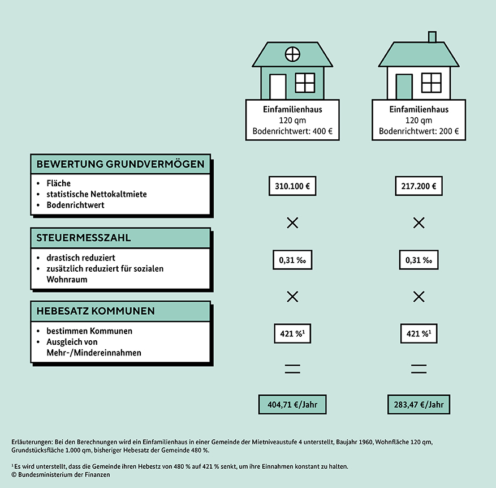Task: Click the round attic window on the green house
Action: (x=292, y=54)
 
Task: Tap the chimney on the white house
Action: (x=432, y=37)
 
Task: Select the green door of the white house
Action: (x=404, y=87)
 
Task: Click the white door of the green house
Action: (x=278, y=87)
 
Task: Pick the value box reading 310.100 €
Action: (x=292, y=186)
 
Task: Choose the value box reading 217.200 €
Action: (x=419, y=186)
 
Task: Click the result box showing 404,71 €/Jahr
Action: (x=292, y=404)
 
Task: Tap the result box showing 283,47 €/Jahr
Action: (x=419, y=404)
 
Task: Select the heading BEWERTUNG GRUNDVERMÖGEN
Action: (x=120, y=164)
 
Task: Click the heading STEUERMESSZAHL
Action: (x=84, y=238)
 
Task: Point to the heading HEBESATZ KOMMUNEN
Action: (x=96, y=311)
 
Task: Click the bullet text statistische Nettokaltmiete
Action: (x=97, y=194)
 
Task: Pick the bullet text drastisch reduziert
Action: (x=81, y=258)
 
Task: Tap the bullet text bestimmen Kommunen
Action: (x=89, y=331)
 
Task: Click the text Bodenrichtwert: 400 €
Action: (x=292, y=131)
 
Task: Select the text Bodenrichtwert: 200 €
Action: (x=419, y=131)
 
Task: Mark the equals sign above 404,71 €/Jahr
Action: (x=292, y=369)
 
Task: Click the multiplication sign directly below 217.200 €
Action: (x=419, y=223)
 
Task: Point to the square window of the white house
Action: (x=432, y=83)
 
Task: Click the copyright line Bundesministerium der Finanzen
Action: (x=61, y=475)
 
